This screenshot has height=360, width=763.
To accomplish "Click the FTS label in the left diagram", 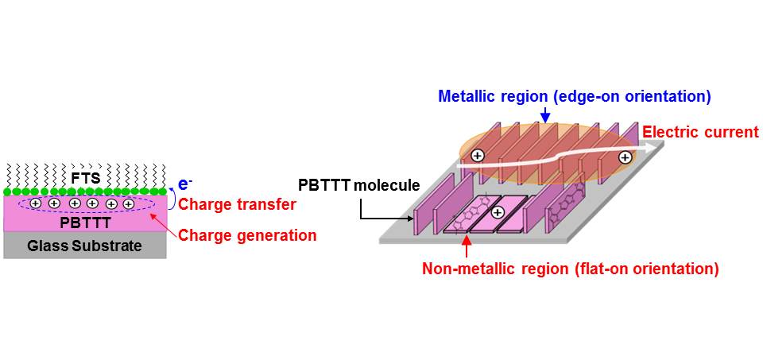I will [85, 178].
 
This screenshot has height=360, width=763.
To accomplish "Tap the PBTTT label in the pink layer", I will [85, 223].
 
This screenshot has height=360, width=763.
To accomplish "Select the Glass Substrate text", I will [85, 246].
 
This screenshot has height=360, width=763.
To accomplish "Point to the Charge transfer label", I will [238, 205].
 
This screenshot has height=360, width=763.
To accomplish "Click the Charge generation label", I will [247, 235].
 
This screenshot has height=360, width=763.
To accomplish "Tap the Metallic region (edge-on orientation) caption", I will [574, 97].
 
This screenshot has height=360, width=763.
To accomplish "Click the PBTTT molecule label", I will [358, 186].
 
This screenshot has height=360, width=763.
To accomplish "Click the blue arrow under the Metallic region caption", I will [546, 117].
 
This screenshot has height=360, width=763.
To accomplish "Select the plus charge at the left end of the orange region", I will [477, 156].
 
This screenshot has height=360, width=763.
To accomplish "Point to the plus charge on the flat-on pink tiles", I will [498, 212].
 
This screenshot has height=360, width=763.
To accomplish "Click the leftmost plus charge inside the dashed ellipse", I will [36, 204].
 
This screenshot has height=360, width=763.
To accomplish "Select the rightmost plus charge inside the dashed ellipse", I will [128, 204].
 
